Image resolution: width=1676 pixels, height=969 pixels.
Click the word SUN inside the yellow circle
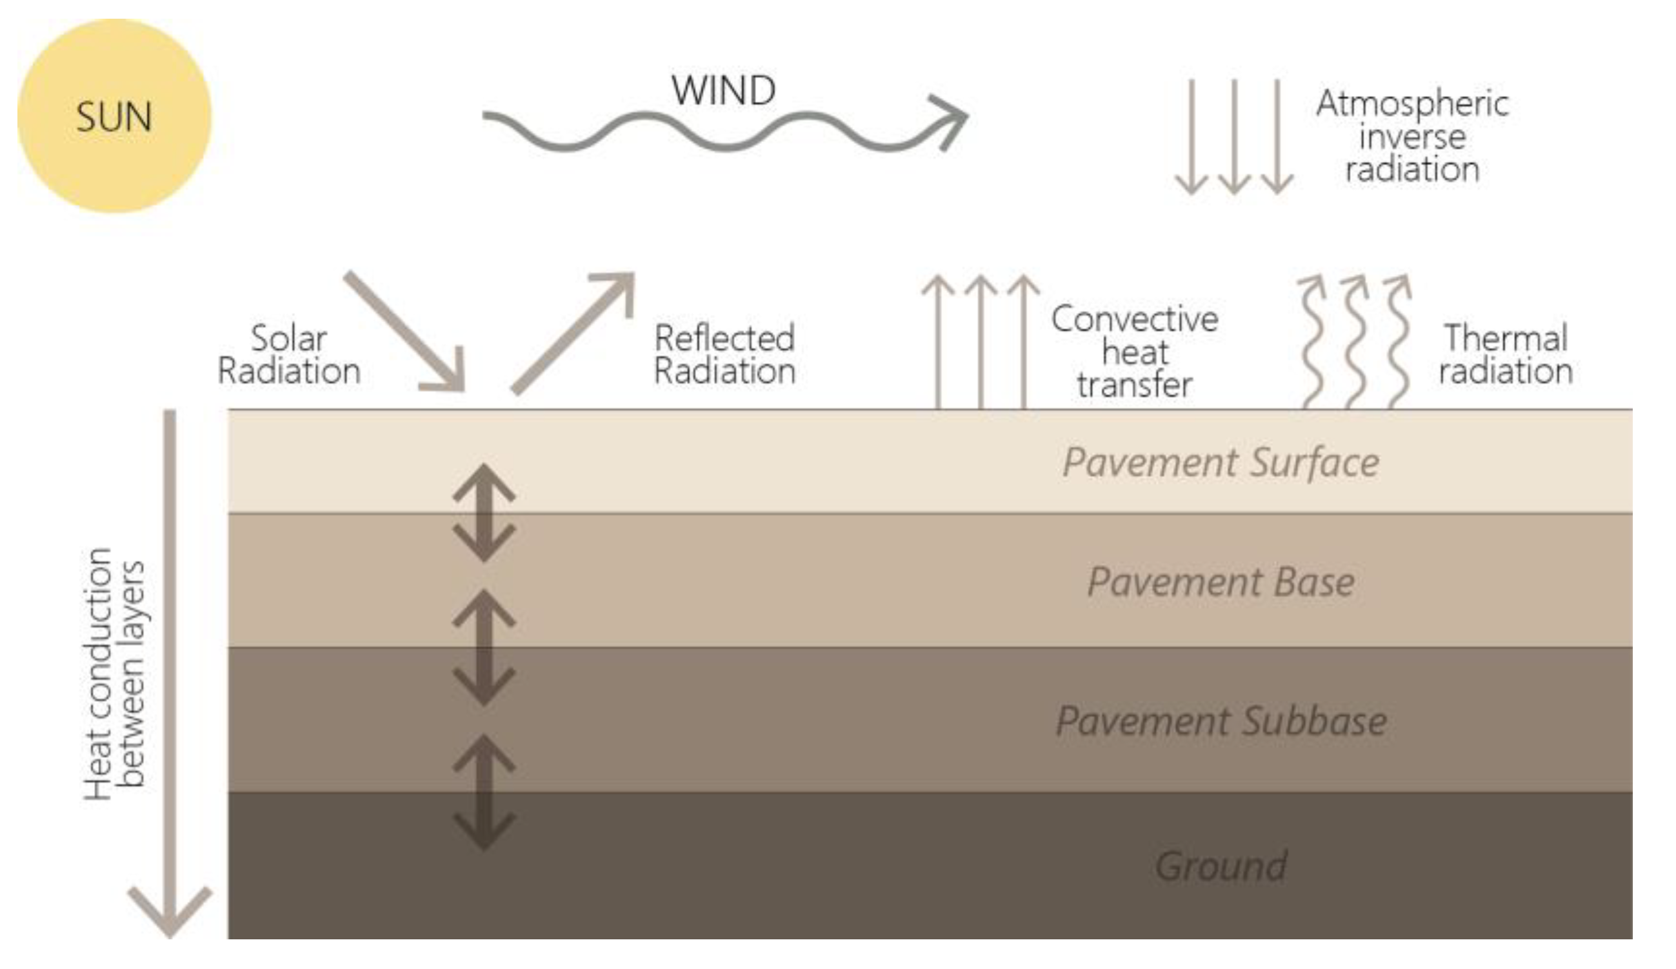coord(114,117)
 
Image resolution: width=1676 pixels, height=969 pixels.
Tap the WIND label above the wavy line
coord(724,90)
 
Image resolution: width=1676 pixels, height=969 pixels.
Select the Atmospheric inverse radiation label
coord(1412,136)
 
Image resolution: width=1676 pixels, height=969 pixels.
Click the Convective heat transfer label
coord(1135,352)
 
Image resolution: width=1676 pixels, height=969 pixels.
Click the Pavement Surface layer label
coord(1221,462)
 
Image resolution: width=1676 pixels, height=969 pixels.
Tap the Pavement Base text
coord(1221,582)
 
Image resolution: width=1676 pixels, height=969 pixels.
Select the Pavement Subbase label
coord(1221,721)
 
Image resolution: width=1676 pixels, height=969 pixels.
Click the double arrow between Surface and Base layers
coord(484,513)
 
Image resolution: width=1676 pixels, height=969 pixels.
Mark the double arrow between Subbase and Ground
coord(484,792)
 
